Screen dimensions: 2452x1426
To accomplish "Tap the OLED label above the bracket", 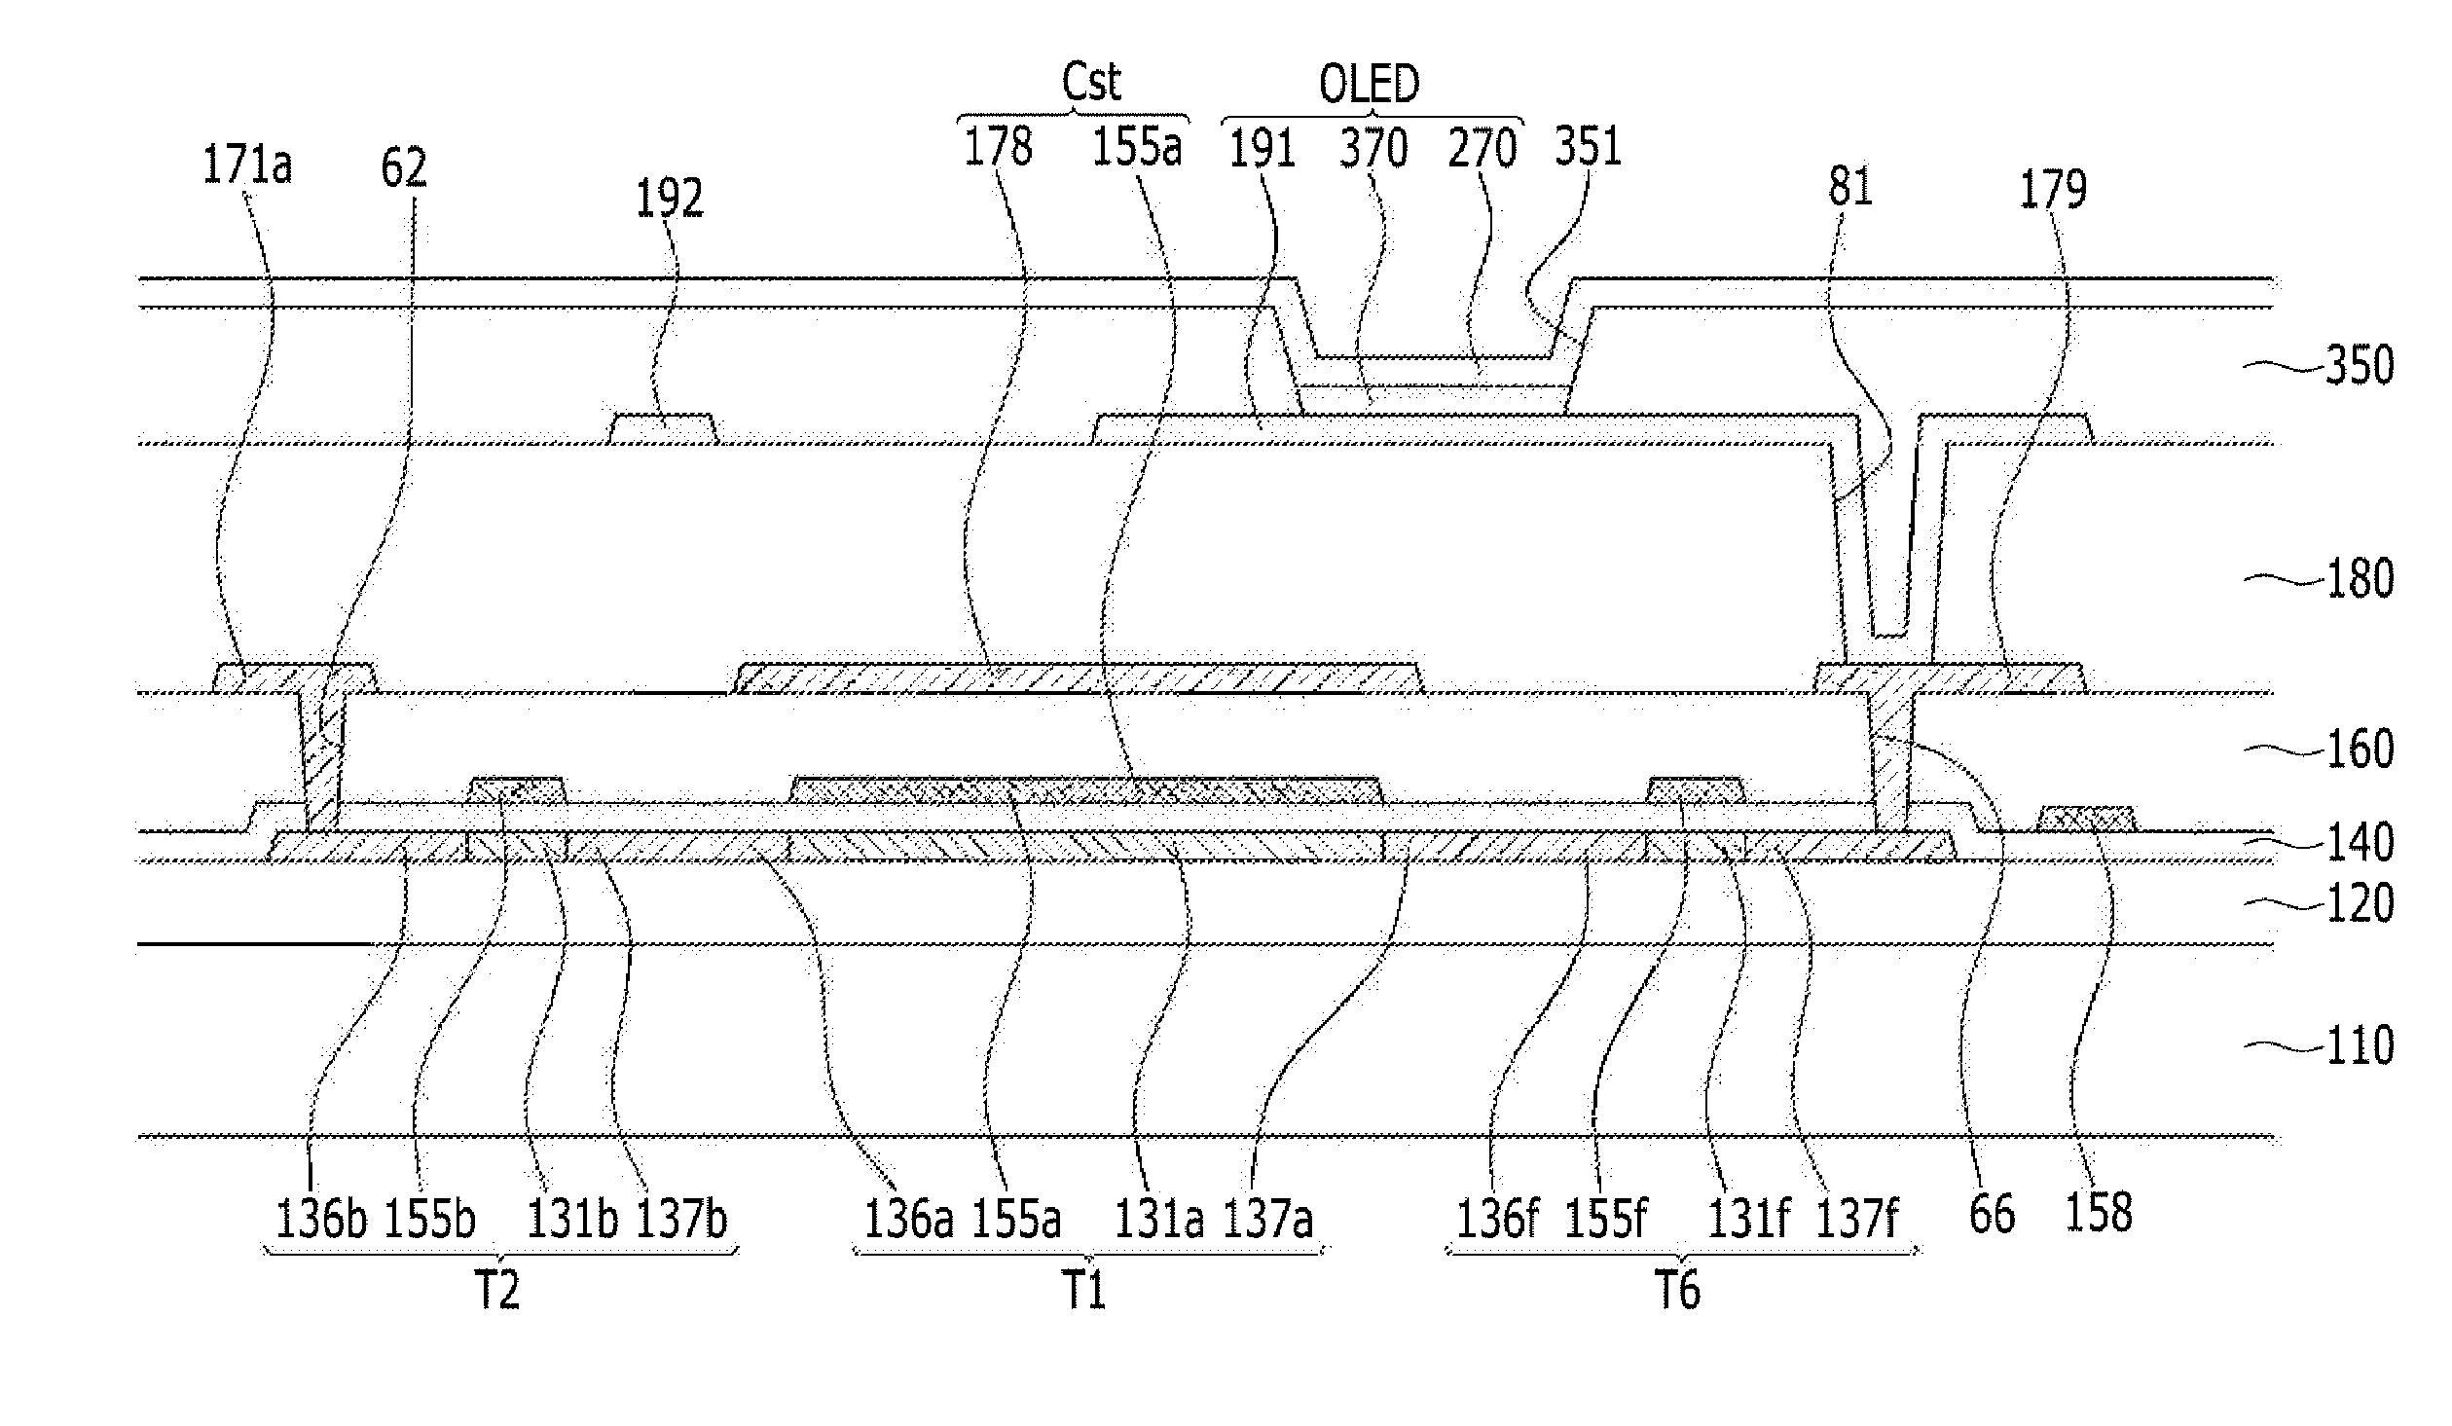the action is coord(1369,86).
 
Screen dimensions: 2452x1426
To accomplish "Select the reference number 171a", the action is coord(247,165).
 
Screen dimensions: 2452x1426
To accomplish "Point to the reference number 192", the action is coord(669,199).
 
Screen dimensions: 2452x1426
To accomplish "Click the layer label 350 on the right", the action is coord(2360,366).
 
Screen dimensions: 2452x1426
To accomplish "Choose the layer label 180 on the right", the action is coord(2360,578).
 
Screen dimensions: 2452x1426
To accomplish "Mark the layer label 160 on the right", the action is coord(2360,750).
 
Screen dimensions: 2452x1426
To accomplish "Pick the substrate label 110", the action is coord(2360,1046).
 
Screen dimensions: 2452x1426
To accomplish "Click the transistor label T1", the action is coord(1083,1292).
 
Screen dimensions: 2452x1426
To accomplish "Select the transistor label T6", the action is coord(1678,1292).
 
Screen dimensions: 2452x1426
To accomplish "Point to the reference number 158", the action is coord(2099,1213).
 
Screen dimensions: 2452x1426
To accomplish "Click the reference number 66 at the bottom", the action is coord(1992,1215).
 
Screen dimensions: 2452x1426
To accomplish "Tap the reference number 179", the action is coord(2053,189).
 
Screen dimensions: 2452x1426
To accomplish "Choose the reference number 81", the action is coord(1849,187).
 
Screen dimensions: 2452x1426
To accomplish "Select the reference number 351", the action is coord(1588,148).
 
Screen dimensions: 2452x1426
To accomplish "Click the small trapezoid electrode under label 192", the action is coord(664,429).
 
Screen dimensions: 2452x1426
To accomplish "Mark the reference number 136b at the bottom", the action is coord(321,1219).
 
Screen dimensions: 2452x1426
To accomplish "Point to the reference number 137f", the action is coord(1857,1219).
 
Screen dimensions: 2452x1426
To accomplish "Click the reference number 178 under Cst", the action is coord(998,148).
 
